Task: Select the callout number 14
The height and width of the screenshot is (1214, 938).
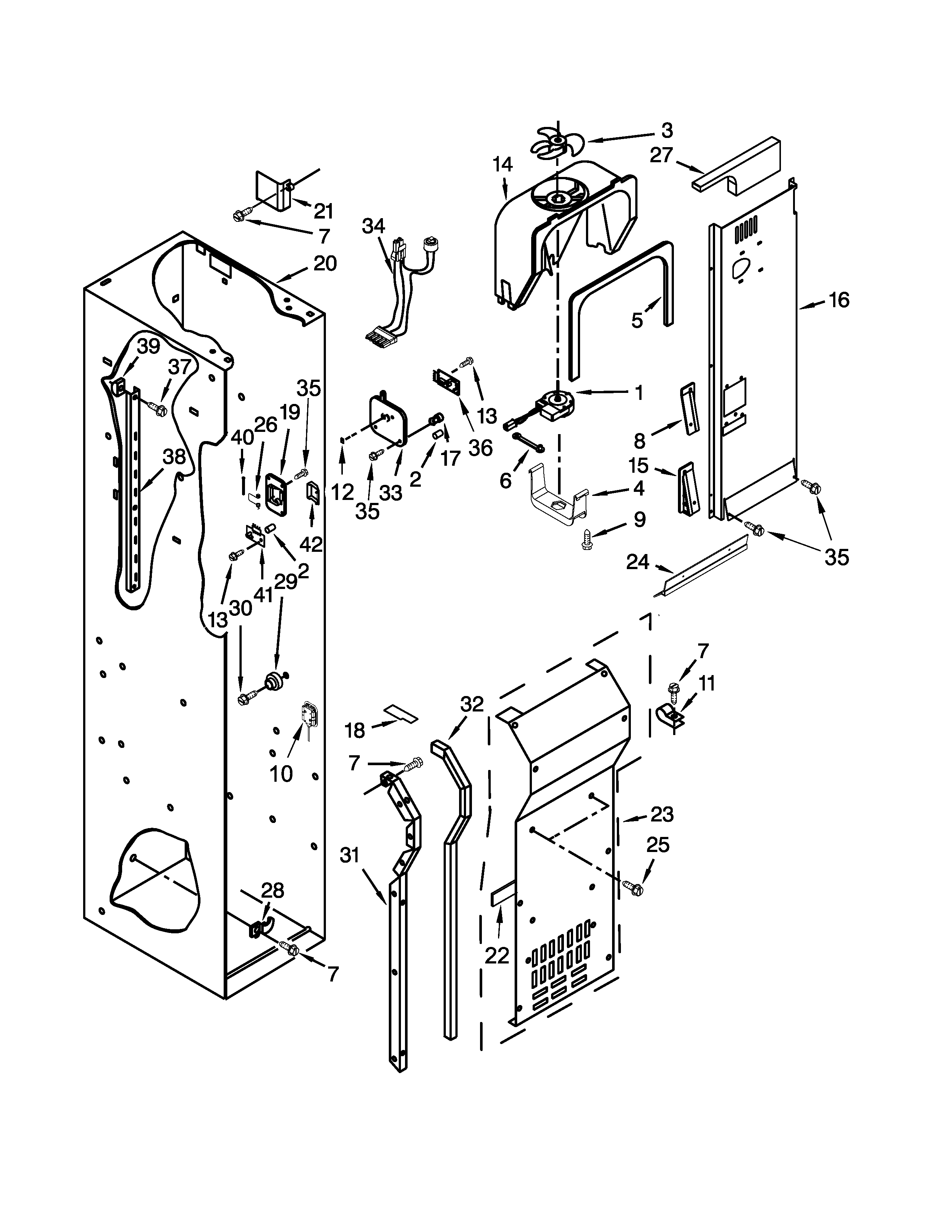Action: click(502, 164)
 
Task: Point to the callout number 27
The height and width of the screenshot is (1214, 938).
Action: click(661, 155)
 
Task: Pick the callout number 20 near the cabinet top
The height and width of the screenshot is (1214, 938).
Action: click(325, 263)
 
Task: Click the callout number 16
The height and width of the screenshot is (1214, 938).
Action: click(839, 300)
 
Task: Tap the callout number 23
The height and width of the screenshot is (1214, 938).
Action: click(661, 815)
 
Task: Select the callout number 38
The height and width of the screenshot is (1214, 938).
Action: click(174, 457)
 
